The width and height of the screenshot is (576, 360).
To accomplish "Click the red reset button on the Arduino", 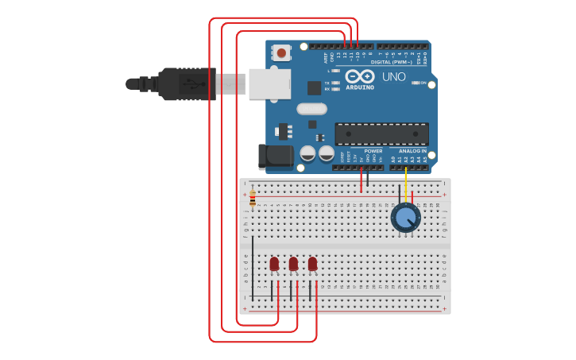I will coord(281,53).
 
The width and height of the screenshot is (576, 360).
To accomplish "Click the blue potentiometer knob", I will coord(405,217).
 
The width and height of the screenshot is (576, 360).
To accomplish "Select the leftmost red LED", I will coord(274,264).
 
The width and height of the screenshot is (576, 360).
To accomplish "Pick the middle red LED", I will coord(293,264).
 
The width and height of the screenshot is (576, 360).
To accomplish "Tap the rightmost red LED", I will coord(312,264).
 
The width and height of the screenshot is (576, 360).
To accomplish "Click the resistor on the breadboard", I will coord(253,199).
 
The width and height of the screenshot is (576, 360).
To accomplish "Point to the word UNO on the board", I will coord(394,77).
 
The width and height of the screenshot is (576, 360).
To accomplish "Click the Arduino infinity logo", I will coord(360,77).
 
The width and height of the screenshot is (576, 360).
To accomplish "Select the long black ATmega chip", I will coord(381,134).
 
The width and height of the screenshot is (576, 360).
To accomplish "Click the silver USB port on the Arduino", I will coord(269,83).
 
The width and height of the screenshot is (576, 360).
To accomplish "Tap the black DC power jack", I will coord(275,156).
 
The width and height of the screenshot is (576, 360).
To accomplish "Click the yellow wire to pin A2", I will coord(406,183).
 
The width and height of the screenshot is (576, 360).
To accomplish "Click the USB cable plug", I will coord(187,83).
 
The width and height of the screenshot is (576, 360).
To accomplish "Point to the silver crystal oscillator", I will coord(311,109).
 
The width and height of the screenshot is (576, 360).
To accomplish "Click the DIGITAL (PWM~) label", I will coord(391,61).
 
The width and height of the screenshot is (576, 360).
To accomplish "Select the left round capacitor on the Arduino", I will coord(307,153).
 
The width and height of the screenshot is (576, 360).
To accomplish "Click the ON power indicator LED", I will coord(416,83).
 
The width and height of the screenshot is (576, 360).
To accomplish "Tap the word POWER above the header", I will coord(373,150).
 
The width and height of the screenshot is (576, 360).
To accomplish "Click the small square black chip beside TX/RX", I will coord(315,87).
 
